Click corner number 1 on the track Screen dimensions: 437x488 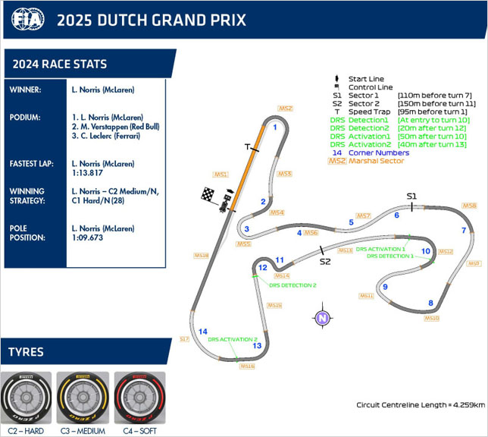[x=275, y=127]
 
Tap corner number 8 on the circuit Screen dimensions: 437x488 [x=431, y=303]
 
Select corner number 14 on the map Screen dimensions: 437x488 [x=203, y=332]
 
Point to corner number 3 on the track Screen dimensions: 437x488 [x=246, y=229]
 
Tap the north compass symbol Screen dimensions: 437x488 [x=323, y=318]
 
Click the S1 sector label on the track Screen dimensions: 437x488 [x=411, y=196]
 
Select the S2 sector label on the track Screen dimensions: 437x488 [x=325, y=262]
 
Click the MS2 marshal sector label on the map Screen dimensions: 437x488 [x=285, y=108]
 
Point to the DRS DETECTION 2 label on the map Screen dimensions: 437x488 [x=292, y=285]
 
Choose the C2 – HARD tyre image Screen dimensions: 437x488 [x=27, y=399]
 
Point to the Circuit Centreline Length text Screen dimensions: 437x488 [x=421, y=404]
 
